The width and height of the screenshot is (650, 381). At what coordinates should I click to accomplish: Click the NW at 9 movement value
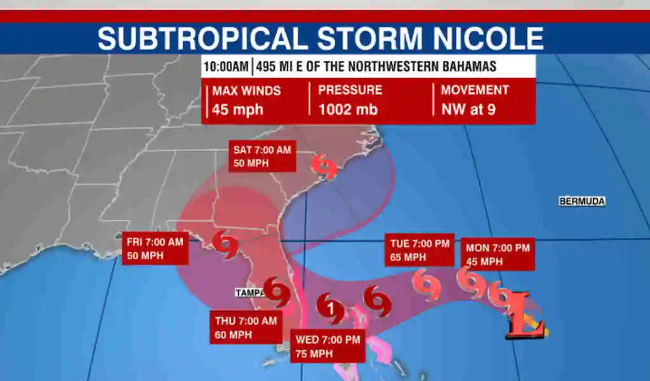tap(468, 109)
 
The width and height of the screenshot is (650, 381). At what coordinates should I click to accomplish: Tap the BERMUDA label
tap(582, 201)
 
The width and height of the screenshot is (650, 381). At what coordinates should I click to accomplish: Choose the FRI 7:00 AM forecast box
tap(155, 248)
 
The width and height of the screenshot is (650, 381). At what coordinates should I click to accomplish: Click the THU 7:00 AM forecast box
tap(246, 328)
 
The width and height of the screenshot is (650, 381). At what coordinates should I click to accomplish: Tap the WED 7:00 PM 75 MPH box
tap(328, 347)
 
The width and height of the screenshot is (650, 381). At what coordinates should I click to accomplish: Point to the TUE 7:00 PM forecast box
tap(418, 250)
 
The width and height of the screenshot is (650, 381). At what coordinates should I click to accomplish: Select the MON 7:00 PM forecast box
tap(498, 254)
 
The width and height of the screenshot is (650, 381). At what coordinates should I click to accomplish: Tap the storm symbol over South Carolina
tap(325, 168)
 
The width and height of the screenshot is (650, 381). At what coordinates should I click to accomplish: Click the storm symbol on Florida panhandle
tap(225, 244)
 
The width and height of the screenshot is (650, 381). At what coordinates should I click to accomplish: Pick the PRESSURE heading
tap(350, 90)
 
